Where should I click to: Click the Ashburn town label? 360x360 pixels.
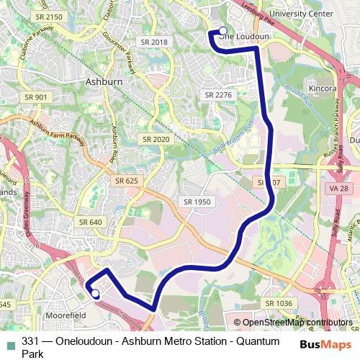click(104, 81)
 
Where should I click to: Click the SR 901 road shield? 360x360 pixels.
click(35, 97)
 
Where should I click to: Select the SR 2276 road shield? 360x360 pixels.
click(218, 94)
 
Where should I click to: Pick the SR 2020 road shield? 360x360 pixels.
click(156, 139)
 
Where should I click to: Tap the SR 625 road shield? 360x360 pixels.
click(125, 181)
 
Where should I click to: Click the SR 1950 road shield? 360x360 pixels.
click(197, 202)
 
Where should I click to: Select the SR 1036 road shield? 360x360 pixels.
click(279, 303)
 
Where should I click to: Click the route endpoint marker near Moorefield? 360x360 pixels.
click(95, 292)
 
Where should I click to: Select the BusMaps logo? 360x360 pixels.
click(321, 345)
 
